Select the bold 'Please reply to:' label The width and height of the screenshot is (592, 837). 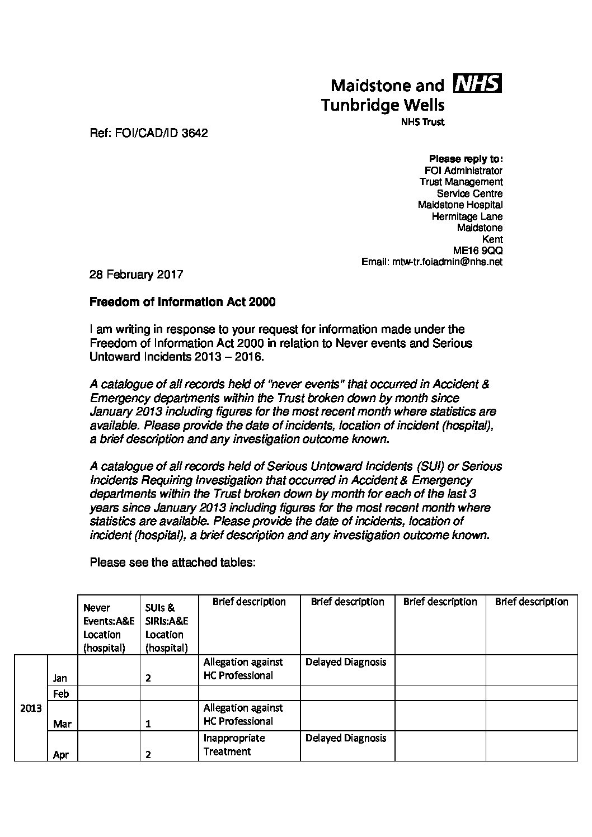pyautogui.click(x=466, y=159)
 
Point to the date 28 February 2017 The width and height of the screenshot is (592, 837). pyautogui.click(x=137, y=275)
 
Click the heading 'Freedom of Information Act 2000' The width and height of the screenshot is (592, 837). pyautogui.click(x=182, y=302)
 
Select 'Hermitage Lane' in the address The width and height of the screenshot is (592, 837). pyautogui.click(x=467, y=216)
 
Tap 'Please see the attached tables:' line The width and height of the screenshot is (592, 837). pyautogui.click(x=172, y=562)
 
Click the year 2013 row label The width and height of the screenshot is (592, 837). pyautogui.click(x=31, y=708)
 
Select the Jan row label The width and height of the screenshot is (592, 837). pyautogui.click(x=60, y=678)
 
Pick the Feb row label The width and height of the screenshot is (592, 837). pyautogui.click(x=60, y=693)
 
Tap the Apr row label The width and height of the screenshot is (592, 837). pyautogui.click(x=60, y=754)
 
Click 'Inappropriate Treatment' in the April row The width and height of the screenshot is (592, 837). pyautogui.click(x=234, y=745)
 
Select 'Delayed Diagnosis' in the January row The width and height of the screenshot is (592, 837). pyautogui.click(x=346, y=662)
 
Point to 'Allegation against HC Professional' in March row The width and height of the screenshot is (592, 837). pyautogui.click(x=243, y=715)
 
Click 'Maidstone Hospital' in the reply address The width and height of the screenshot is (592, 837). pyautogui.click(x=460, y=205)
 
